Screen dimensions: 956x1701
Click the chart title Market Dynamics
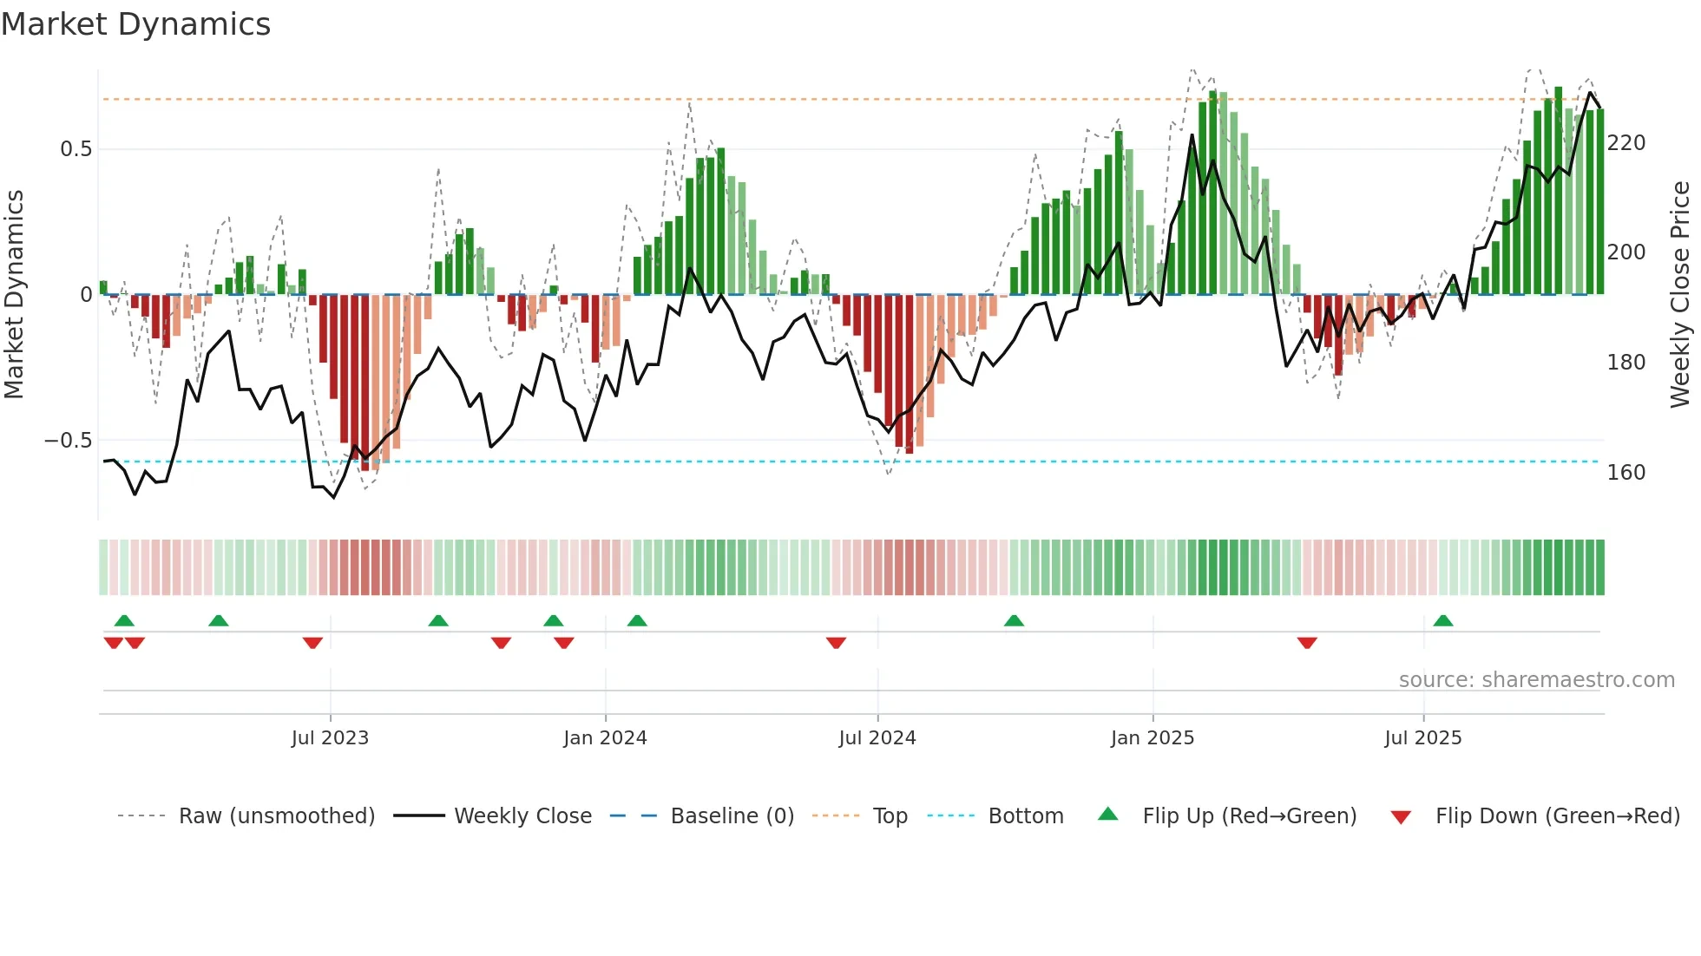[136, 24]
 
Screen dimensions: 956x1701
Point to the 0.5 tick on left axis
[76, 149]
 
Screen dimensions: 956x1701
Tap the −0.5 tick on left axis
[69, 441]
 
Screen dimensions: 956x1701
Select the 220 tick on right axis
[1625, 143]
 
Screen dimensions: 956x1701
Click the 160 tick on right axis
[1625, 473]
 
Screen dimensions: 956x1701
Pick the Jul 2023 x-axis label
[330, 738]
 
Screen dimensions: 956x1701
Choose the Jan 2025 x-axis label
[1152, 738]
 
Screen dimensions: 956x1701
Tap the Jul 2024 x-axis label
[877, 738]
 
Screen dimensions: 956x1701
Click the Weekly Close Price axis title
[1680, 295]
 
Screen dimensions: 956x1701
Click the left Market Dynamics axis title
[15, 295]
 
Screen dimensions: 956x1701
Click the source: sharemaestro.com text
[1536, 680]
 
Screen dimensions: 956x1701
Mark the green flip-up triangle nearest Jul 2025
[1442, 621]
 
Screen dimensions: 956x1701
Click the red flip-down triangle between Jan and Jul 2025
[1307, 643]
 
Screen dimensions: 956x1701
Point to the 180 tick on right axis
[1625, 363]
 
